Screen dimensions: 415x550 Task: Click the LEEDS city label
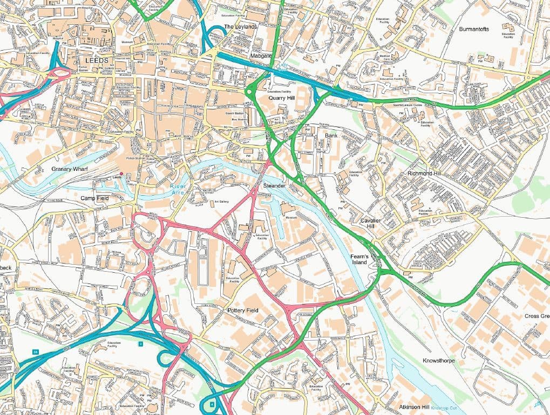click(97, 60)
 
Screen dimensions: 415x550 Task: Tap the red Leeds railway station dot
click(121, 174)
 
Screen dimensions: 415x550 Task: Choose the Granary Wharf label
click(70, 169)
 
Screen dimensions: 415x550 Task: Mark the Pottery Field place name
click(243, 310)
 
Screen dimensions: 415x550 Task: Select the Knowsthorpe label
click(439, 360)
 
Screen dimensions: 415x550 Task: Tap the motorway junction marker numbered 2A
click(36, 352)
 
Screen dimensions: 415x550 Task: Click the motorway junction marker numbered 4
click(212, 403)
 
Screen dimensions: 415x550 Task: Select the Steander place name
click(274, 186)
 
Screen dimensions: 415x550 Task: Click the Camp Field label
click(95, 198)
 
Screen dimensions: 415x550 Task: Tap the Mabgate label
click(261, 56)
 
